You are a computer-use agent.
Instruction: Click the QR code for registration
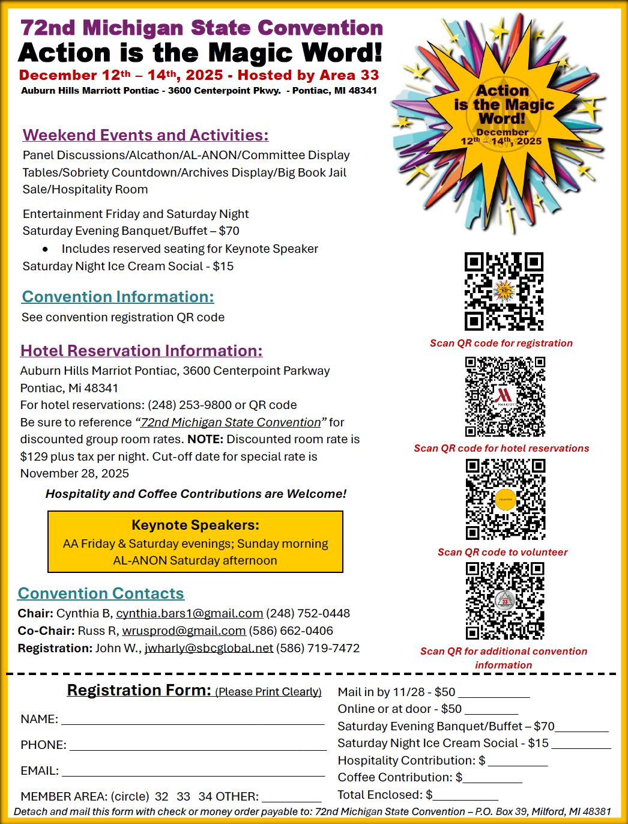tap(504, 291)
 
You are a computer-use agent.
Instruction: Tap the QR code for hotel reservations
tap(505, 396)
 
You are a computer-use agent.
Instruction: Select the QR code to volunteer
tap(506, 499)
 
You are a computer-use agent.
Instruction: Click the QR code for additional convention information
tap(505, 601)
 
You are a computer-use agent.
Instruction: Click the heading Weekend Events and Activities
tap(145, 135)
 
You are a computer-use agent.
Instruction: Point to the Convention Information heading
tap(118, 297)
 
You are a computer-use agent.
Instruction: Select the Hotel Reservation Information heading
tap(141, 351)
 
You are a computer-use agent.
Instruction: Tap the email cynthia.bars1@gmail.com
tap(189, 613)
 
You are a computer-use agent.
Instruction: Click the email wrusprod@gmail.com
tap(184, 631)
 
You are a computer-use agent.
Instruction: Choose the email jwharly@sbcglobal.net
tap(208, 648)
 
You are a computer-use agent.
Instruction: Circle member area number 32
tap(162, 796)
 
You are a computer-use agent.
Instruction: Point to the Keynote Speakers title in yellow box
tap(195, 525)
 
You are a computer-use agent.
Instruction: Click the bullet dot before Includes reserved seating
tap(45, 249)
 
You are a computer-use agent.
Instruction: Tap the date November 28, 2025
tap(74, 473)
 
